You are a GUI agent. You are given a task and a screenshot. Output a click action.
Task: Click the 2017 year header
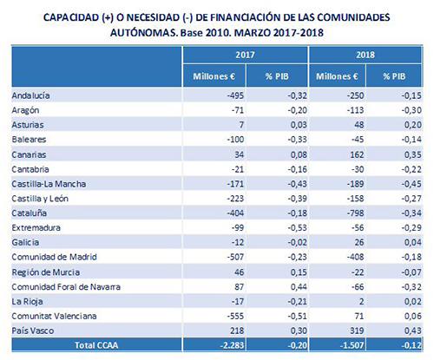pyautogui.click(x=245, y=55)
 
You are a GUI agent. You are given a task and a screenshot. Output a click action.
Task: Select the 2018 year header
pyautogui.click(x=365, y=55)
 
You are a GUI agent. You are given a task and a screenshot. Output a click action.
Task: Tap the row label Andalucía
pyautogui.click(x=30, y=95)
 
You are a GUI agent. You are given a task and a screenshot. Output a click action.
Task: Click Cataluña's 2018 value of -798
pyautogui.click(x=355, y=213)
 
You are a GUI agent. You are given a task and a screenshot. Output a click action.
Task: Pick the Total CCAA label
pyautogui.click(x=96, y=345)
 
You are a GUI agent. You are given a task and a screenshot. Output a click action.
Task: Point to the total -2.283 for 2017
pyautogui.click(x=232, y=345)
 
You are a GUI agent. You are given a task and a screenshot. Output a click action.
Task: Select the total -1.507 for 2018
pyautogui.click(x=352, y=345)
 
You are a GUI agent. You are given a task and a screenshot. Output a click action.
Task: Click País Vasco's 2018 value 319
pyautogui.click(x=357, y=331)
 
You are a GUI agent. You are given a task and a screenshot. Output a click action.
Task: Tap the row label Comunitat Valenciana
pyautogui.click(x=54, y=316)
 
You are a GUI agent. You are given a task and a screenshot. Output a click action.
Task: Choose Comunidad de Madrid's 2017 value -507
pyautogui.click(x=235, y=257)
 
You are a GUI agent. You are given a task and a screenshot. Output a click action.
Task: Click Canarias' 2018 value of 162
pyautogui.click(x=357, y=154)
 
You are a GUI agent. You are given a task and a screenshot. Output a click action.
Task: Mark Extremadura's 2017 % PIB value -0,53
pyautogui.click(x=297, y=227)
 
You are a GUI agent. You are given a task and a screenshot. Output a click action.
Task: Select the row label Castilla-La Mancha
pyautogui.click(x=49, y=184)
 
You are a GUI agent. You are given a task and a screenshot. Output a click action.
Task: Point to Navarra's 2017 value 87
pyautogui.click(x=239, y=286)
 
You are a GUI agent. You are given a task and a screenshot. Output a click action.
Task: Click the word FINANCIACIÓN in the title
pyautogui.click(x=247, y=17)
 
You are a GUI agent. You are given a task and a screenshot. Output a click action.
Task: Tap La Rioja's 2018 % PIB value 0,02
pyautogui.click(x=413, y=301)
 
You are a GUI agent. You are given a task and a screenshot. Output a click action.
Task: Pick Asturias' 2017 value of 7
pyautogui.click(x=241, y=125)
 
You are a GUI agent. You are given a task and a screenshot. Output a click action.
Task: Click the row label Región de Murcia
pyautogui.click(x=46, y=272)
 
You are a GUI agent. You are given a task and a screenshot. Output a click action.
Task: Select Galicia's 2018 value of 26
pyautogui.click(x=359, y=242)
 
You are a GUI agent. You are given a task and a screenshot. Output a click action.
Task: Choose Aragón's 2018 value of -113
pyautogui.click(x=355, y=110)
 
